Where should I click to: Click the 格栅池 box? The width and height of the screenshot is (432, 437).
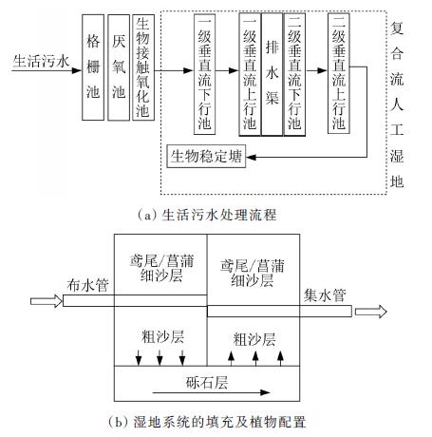93,67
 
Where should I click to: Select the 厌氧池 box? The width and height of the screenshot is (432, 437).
119,67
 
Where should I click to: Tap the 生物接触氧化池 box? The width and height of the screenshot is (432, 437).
143,67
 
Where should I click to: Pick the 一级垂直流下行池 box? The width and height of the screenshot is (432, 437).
205,74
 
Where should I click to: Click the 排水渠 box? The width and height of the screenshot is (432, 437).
272,74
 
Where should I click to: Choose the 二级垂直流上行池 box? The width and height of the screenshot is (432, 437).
339,73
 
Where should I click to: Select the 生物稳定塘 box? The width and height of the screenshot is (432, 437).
206,156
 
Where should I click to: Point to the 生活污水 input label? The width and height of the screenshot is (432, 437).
41,61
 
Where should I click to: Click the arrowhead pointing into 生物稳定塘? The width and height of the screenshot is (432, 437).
251,157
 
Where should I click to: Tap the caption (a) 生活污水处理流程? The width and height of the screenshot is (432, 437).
207,215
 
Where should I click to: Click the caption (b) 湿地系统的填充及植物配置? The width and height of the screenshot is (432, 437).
207,422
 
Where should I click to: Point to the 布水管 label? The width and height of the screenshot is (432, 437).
88,285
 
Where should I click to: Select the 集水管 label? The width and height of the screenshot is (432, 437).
325,295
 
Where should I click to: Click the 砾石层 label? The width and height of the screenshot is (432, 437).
207,382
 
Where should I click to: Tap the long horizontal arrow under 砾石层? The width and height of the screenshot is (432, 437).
211,392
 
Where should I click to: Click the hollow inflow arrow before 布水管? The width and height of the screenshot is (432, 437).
47,301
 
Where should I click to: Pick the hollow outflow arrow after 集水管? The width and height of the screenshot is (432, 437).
371,312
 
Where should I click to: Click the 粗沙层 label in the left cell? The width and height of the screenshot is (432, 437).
162,336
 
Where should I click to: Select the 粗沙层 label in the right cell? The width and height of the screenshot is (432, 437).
254,339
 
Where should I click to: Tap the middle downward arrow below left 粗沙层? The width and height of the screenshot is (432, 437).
160,358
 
